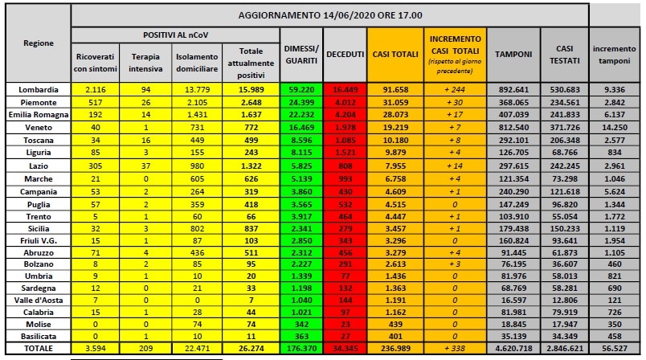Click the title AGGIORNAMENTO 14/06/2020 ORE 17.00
(329, 15)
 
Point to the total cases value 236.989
(394, 349)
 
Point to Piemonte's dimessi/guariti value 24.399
(301, 102)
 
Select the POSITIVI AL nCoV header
(175, 37)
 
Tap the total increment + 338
(455, 349)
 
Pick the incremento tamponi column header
(614, 54)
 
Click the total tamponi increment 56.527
(614, 349)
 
